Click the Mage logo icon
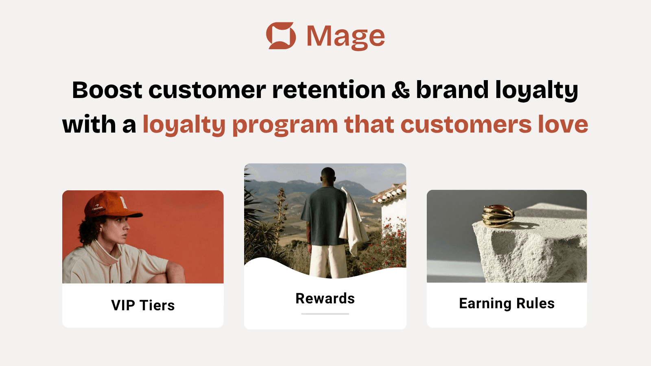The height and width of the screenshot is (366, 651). (x=281, y=36)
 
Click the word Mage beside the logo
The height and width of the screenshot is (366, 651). (x=345, y=37)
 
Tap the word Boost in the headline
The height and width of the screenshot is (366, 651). (x=107, y=90)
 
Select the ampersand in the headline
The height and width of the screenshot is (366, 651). (x=401, y=90)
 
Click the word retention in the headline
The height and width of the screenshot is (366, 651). (x=329, y=90)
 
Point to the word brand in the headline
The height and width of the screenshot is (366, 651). (x=452, y=90)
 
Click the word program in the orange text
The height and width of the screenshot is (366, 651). (x=285, y=125)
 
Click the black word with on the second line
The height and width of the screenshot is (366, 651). (x=89, y=124)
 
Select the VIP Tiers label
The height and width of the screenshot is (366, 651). (x=143, y=305)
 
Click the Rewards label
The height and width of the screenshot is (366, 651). (x=325, y=298)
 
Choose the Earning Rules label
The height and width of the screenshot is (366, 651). (x=507, y=303)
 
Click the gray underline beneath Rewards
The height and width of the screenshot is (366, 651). (x=325, y=314)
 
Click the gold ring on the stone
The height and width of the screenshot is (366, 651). (x=497, y=216)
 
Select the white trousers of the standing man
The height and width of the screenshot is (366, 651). (x=328, y=260)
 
